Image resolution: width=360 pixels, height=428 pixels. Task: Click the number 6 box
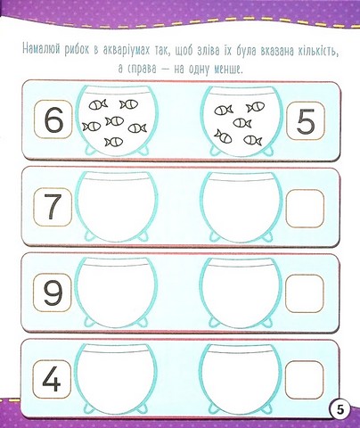[x=53, y=119]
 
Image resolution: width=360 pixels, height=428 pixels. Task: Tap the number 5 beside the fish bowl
[x=306, y=121]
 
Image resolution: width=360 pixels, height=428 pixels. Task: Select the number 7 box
[x=53, y=207]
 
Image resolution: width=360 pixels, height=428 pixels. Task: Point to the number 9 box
[x=53, y=292]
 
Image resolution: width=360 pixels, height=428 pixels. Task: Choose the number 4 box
[x=52, y=379]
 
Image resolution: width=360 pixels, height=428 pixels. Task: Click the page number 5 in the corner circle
[x=340, y=410]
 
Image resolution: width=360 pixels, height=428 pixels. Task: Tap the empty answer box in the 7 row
[x=305, y=209]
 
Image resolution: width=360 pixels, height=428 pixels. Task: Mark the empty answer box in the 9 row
[x=305, y=293]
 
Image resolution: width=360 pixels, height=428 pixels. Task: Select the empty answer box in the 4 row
[x=305, y=380]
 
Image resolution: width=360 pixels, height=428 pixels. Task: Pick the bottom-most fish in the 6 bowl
[x=114, y=142]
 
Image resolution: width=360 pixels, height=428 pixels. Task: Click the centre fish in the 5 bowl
[x=242, y=122]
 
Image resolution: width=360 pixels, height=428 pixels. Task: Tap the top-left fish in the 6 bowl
[x=98, y=104]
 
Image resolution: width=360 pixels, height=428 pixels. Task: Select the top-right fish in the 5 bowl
[x=256, y=107]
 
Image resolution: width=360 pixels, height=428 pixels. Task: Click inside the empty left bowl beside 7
[x=116, y=207]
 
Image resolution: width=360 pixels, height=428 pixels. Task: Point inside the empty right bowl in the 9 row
[x=241, y=293]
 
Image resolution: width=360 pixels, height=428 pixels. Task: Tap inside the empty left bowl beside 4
[x=116, y=379]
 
